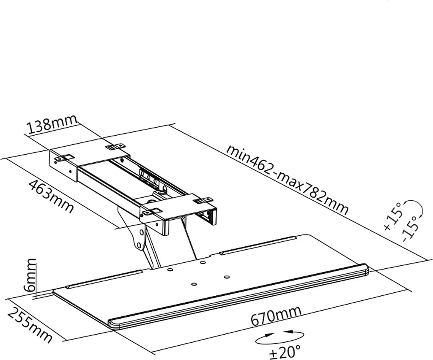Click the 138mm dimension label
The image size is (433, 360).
click(52, 125)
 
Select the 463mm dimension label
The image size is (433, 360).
click(52, 196)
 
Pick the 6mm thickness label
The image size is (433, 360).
click(30, 275)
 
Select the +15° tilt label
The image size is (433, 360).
click(393, 216)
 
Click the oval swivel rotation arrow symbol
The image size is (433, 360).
click(280, 337)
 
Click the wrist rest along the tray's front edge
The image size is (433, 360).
click(239, 297)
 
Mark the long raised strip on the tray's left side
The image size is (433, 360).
click(104, 279)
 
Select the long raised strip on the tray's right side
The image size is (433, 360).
click(258, 244)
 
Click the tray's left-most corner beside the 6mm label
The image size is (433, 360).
click(53, 292)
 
